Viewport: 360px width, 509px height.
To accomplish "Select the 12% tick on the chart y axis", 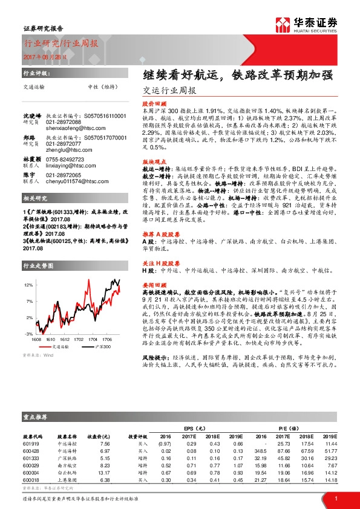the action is click(x=28, y=284).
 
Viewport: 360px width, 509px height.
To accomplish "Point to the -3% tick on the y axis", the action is click(x=28, y=334).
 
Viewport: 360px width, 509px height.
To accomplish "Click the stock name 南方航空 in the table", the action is click(x=66, y=465).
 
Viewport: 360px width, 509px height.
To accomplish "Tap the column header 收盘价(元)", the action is click(x=99, y=435).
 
